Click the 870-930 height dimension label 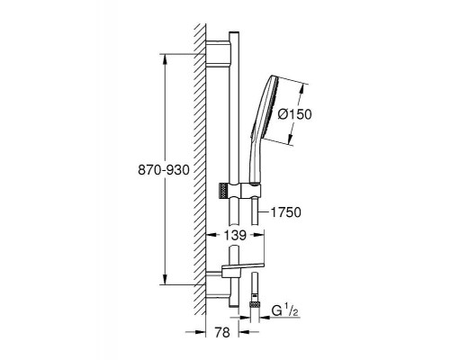[164, 170]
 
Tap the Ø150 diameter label [294, 114]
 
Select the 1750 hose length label [286, 212]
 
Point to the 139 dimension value [235, 236]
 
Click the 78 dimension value [222, 332]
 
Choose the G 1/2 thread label [285, 311]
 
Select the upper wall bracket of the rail [219, 53]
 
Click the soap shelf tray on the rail [242, 266]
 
